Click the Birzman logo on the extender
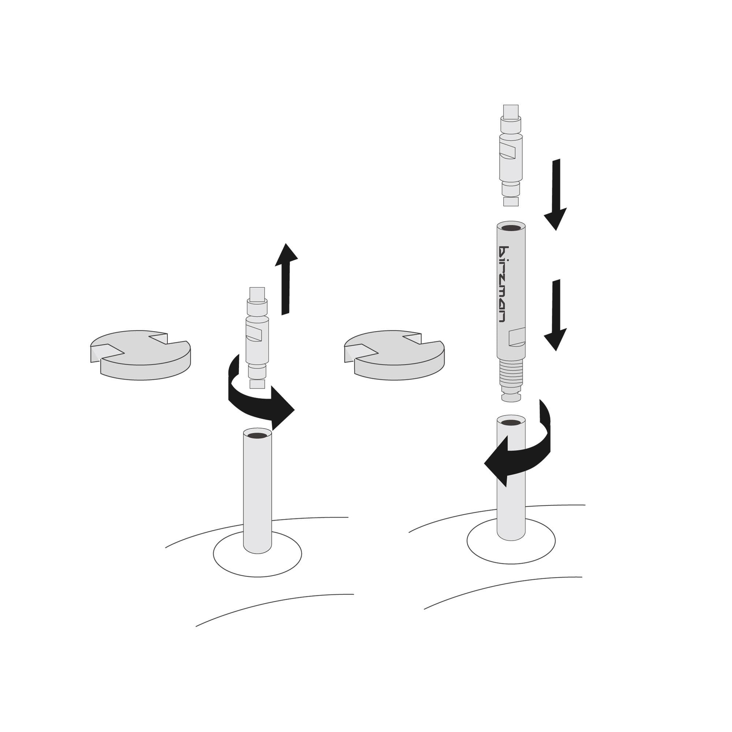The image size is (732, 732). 504,284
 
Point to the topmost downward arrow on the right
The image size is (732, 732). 556,197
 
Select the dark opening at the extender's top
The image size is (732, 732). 511,228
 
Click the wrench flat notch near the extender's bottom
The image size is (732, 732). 516,337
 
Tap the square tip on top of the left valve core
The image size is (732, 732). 257,294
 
